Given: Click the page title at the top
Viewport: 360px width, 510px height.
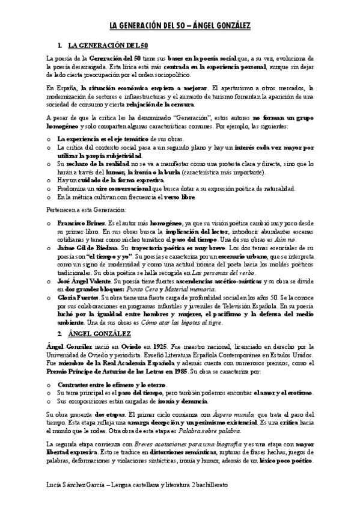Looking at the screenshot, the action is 180,26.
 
